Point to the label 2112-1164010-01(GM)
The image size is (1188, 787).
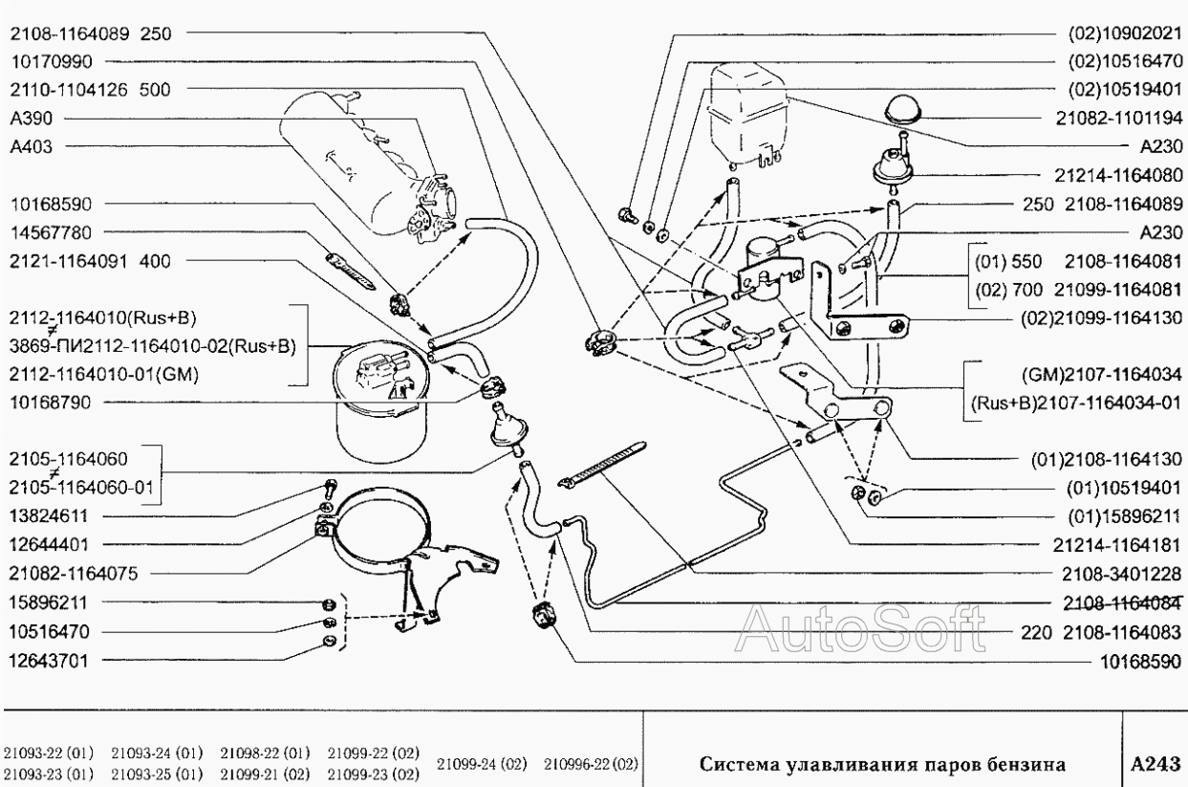(x=103, y=374)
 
